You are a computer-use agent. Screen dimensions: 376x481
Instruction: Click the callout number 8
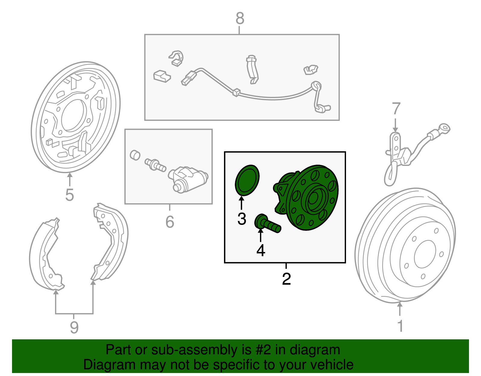(x=240, y=18)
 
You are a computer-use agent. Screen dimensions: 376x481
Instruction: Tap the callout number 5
(x=69, y=195)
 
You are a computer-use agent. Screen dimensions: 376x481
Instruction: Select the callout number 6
(x=170, y=222)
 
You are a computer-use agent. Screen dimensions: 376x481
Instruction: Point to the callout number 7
(x=396, y=109)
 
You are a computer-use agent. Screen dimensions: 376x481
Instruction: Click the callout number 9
(x=74, y=327)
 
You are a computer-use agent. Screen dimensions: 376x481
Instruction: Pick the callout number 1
(x=400, y=326)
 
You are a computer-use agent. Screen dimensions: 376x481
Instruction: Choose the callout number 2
(x=286, y=279)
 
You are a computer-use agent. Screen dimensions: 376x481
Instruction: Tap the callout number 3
(x=242, y=219)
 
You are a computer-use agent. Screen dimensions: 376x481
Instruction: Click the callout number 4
(x=261, y=250)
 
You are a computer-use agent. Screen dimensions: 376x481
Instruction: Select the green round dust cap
(x=247, y=180)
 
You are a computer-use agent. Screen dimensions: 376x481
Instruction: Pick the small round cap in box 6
(x=135, y=155)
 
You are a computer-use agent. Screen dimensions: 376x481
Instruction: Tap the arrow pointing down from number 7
(x=396, y=125)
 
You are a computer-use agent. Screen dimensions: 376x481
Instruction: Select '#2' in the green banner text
(x=263, y=350)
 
